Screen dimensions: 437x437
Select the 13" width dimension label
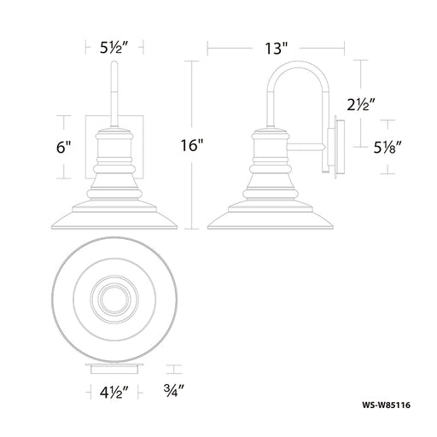pyautogui.click(x=277, y=48)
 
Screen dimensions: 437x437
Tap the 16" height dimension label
pyautogui.click(x=193, y=145)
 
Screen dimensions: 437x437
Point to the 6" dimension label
pyautogui.click(x=63, y=147)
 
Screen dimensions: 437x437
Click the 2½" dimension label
pyautogui.click(x=361, y=104)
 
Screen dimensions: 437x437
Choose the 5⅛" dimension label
pyautogui.click(x=387, y=147)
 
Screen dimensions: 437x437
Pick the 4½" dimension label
pyautogui.click(x=114, y=393)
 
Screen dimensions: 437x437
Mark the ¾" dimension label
pyautogui.click(x=174, y=390)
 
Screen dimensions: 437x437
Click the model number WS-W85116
pyautogui.click(x=386, y=405)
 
